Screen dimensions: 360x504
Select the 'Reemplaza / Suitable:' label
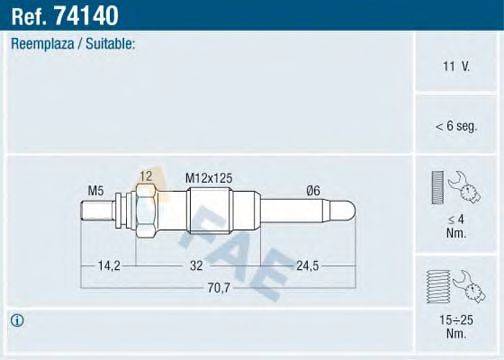pyautogui.click(x=73, y=44)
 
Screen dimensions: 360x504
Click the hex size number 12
pyautogui.click(x=146, y=177)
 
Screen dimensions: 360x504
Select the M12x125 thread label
pyautogui.click(x=209, y=178)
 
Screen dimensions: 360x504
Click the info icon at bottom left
pyautogui.click(x=17, y=320)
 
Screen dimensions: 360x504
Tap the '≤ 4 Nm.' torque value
pyautogui.click(x=456, y=225)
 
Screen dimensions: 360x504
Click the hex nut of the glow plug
pyautogui.click(x=145, y=213)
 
